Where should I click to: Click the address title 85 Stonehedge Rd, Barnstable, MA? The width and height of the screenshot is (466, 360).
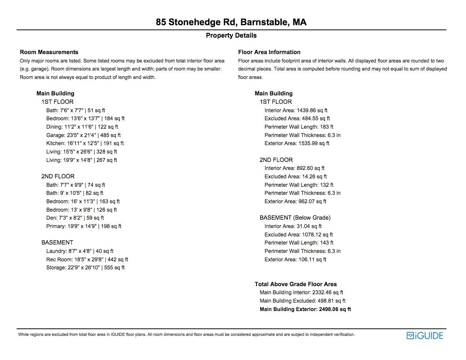pos(231,22)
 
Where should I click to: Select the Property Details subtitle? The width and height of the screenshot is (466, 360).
pos(231,35)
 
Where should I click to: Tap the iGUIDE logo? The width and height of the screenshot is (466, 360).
pos(425,336)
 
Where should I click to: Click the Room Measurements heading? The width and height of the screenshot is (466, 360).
pos(49,52)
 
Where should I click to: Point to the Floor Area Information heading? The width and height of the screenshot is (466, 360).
pos(269,52)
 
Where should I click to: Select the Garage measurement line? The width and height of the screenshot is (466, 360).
pos(83,135)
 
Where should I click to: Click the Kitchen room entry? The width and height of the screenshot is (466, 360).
pos(85,143)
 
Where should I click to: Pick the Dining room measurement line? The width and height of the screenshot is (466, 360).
pos(82,127)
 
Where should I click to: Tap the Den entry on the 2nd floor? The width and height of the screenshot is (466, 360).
pos(75,218)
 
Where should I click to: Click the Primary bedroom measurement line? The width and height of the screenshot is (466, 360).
pos(84,226)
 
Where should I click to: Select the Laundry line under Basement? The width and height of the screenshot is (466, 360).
pos(80,251)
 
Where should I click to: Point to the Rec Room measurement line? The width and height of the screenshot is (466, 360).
pos(87,259)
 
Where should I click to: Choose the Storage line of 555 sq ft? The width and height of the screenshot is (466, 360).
pos(85,268)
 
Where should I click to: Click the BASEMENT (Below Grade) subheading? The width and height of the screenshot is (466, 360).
pos(295,217)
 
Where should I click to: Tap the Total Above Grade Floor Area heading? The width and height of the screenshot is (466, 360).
pos(295,284)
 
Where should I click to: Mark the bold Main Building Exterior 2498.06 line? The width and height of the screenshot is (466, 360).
pos(305,309)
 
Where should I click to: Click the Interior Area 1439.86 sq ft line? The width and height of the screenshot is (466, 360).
pos(296,110)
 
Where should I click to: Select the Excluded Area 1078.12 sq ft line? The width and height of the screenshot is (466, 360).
pos(299,235)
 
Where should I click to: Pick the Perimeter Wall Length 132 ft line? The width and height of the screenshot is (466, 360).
pos(299,185)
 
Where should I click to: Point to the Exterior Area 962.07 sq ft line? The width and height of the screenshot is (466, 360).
pos(295,201)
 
